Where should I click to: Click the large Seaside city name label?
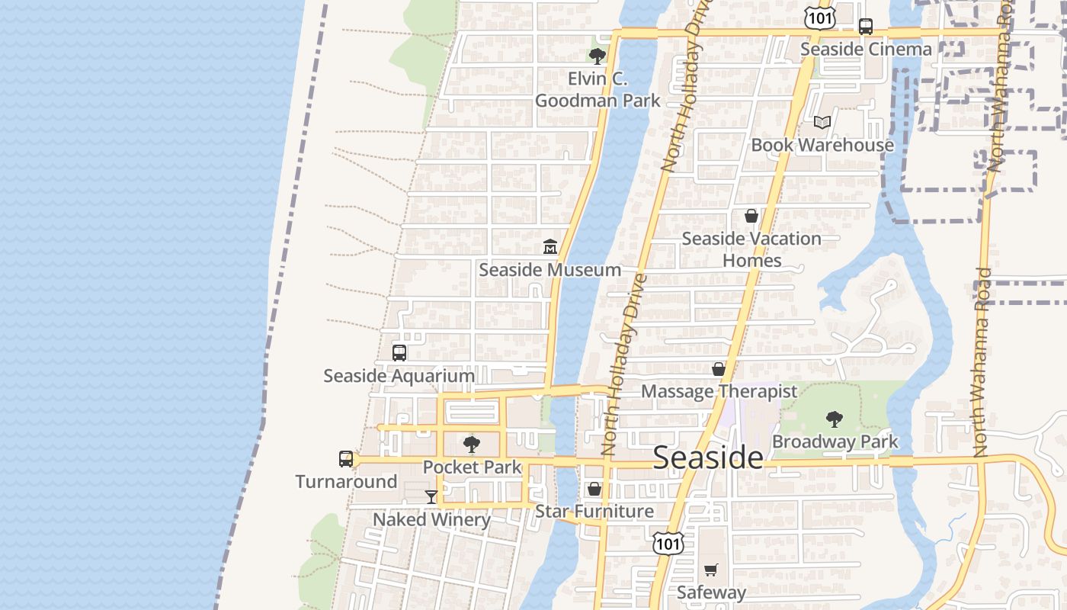tap(708, 457)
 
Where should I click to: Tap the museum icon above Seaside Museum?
tap(550, 246)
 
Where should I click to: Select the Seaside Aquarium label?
tap(399, 376)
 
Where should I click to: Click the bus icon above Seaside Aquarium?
tap(399, 353)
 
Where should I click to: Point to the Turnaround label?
tap(346, 482)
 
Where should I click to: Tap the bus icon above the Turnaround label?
tap(346, 459)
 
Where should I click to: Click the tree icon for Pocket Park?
tap(472, 444)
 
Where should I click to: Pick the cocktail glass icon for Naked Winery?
tap(431, 497)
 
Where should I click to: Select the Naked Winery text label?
tap(431, 519)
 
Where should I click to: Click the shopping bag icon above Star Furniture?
tap(594, 488)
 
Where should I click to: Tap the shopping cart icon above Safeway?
tap(711, 570)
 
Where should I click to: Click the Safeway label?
tap(711, 592)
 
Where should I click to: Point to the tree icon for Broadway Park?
tap(835, 419)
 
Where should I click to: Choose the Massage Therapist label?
tap(719, 391)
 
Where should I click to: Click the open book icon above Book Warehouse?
tap(822, 122)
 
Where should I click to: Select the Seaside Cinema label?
tap(866, 50)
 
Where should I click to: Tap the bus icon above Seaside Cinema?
tap(866, 27)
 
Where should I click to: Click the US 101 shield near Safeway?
tap(668, 544)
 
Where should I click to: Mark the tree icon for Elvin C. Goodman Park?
tap(598, 56)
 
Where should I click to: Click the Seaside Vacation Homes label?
tap(751, 249)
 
